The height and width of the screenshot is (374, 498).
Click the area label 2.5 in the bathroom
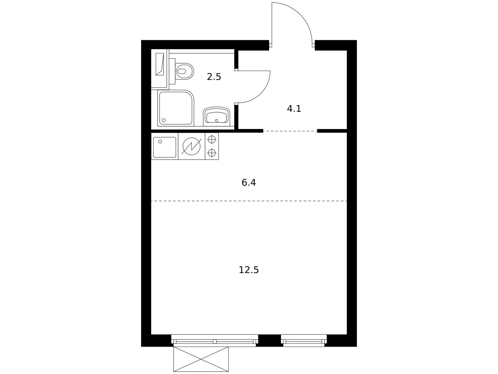tap(214, 77)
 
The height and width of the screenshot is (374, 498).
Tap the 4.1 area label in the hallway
tap(294, 109)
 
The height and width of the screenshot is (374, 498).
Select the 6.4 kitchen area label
tap(249, 182)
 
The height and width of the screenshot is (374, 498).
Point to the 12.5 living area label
tap(249, 270)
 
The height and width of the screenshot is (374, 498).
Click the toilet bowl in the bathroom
tap(184, 71)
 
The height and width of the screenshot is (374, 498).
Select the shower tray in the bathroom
tap(176, 108)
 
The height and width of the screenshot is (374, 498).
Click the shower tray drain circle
tap(164, 120)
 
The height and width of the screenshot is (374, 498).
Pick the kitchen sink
tap(165, 147)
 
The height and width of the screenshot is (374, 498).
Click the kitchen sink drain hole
tap(160, 141)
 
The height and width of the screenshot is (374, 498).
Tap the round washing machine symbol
tap(192, 146)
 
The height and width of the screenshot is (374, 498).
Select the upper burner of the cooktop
tap(211, 139)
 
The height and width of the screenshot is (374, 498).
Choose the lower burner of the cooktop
tap(211, 153)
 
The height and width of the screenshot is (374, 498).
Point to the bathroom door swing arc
tap(261, 93)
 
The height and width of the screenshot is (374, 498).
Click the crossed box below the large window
tap(201, 359)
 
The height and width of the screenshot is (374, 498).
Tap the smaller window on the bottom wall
tap(304, 340)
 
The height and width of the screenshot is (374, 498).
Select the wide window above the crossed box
tap(214, 340)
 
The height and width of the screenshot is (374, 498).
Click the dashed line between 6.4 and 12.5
tap(249, 201)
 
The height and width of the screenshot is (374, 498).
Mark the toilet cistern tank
tap(172, 71)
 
